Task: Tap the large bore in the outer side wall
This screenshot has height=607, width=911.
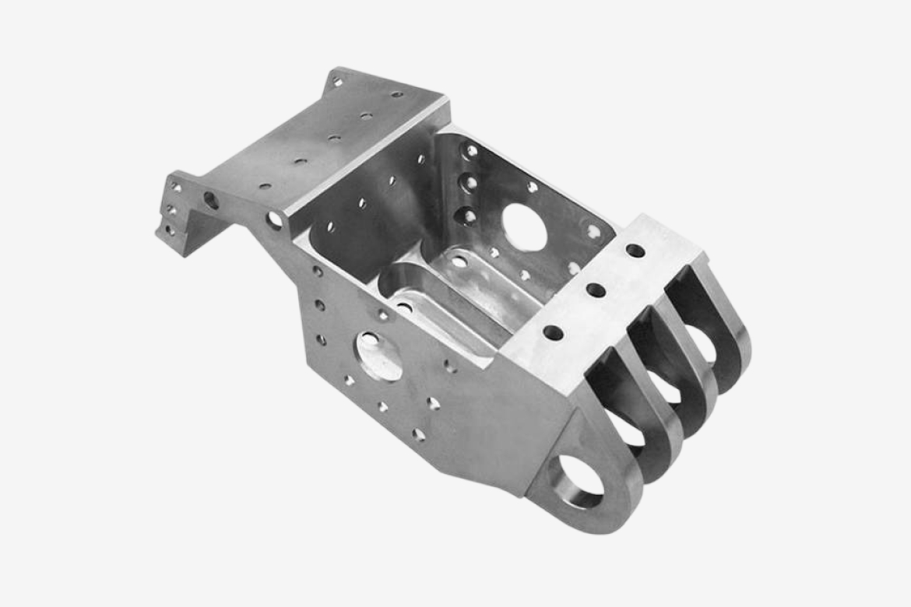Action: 379,355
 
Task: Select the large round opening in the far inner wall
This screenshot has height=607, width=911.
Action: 524,227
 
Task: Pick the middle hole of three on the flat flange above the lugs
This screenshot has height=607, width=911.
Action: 596,290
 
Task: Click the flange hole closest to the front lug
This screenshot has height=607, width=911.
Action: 553,332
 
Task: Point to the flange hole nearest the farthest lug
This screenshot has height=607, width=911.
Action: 635,251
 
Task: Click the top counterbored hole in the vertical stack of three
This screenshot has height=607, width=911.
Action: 471,151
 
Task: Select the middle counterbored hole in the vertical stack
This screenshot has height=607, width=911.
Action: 470,184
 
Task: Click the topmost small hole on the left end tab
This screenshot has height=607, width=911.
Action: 177,188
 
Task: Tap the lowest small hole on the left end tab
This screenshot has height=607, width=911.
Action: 168,230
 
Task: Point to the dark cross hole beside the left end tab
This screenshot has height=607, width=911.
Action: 211,200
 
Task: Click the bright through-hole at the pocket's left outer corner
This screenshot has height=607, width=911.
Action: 274,220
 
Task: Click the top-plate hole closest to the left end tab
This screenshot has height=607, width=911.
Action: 266,187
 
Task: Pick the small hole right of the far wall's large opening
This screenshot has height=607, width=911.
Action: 593,231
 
